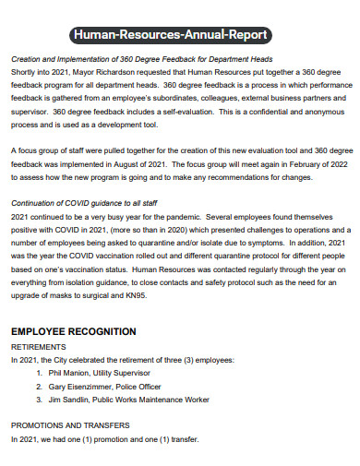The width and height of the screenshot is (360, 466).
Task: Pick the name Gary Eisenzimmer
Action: click(87, 387)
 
